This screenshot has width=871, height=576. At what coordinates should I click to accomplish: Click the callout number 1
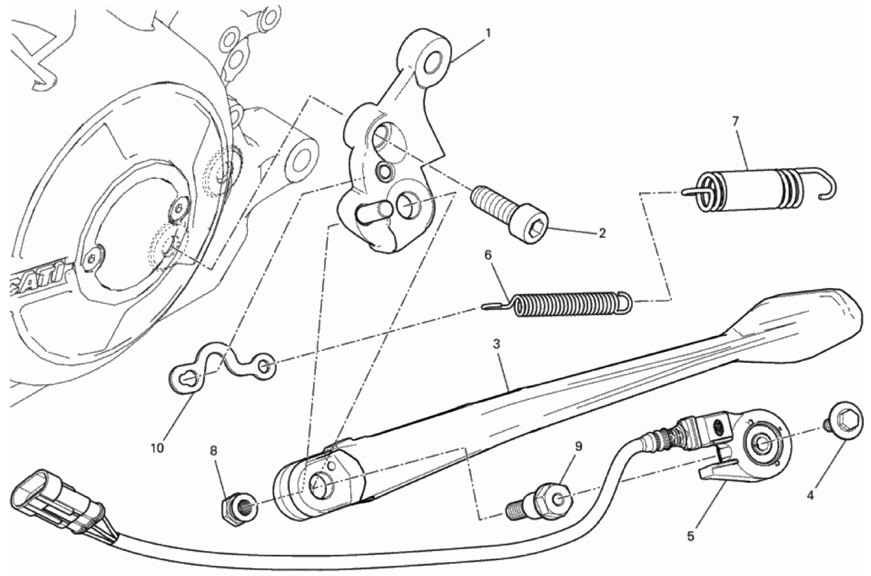(488, 33)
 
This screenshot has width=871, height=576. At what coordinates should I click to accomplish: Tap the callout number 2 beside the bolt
(602, 234)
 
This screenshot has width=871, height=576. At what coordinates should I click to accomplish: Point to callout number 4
(810, 496)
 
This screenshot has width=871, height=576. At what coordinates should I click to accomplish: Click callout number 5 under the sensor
(690, 537)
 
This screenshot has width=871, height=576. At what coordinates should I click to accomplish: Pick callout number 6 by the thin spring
(488, 255)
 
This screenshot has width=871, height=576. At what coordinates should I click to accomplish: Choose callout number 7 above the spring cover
(735, 122)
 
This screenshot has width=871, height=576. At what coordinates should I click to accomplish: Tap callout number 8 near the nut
(213, 451)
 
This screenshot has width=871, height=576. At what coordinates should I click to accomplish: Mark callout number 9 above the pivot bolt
(579, 446)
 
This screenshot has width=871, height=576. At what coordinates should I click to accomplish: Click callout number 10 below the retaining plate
(157, 448)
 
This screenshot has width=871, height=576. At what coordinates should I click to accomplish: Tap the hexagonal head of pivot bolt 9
(553, 499)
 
